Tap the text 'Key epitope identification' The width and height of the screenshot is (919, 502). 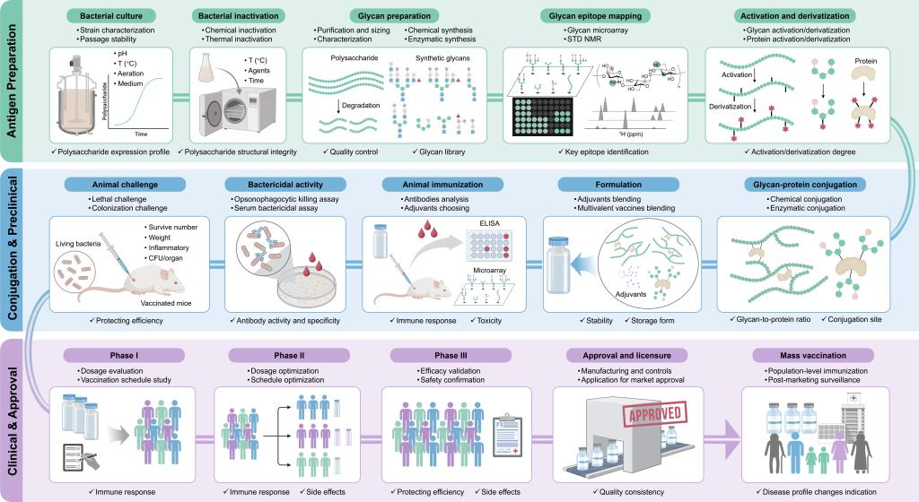(x=596, y=152)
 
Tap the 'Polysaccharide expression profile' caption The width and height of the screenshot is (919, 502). (x=114, y=152)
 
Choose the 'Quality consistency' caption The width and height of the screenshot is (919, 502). (x=628, y=490)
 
